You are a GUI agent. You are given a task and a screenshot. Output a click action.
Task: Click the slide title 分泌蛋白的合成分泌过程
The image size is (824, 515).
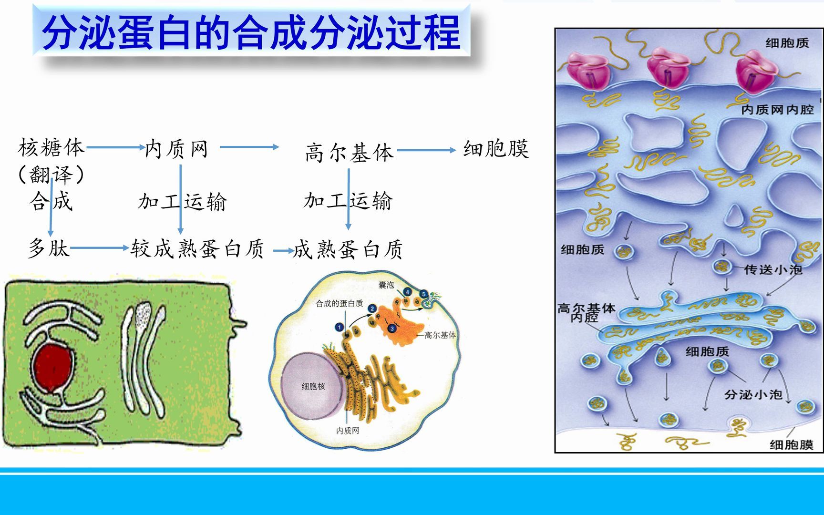coord(251,32)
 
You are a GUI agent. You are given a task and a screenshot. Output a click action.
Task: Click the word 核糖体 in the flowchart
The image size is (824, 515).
coord(51,148)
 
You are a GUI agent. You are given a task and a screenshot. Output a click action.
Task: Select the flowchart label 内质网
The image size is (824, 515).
coord(176,149)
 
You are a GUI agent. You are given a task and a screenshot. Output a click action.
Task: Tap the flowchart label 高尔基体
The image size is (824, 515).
coord(349,153)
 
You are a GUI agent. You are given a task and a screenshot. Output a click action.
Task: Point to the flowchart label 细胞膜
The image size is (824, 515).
coord(496,149)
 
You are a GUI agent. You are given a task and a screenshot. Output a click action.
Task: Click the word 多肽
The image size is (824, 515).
coord(49,248)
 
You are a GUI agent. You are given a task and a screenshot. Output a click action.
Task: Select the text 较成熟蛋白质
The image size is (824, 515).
coord(197,249)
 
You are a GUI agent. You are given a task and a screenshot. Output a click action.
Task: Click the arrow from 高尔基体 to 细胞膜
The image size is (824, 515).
coord(426,150)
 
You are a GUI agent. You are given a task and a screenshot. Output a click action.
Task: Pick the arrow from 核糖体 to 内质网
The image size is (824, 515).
coord(115,147)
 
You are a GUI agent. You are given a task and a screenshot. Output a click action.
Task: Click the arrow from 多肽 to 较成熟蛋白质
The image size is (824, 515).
coord(99,248)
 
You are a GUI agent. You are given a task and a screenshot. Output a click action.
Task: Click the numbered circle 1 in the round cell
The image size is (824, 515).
coord(339,327)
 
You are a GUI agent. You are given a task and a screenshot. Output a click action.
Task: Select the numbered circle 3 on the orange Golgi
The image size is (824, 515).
coord(392,329)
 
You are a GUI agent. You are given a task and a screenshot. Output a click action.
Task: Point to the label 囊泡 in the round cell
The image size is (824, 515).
coord(386,285)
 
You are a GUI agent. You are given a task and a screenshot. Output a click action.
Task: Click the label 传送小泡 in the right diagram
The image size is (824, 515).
coord(772,270)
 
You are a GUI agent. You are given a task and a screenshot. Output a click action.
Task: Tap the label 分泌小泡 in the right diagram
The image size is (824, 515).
coord(753,394)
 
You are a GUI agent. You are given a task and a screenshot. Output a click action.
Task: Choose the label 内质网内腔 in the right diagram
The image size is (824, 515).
coord(777,110)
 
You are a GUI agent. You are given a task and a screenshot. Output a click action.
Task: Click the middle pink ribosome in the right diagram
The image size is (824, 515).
coord(668,69)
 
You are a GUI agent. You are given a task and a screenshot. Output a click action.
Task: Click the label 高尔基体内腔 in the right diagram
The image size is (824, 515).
coord(586,313)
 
